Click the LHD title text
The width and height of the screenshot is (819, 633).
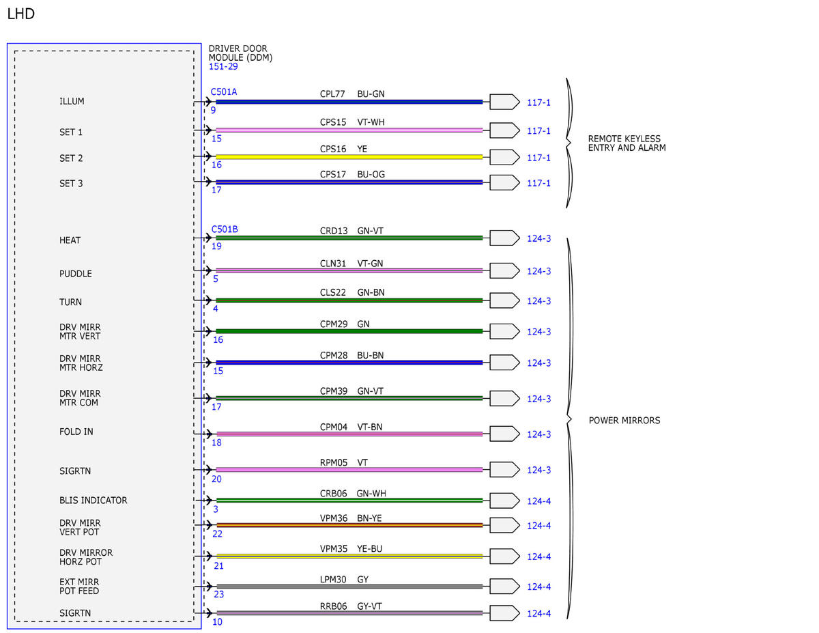[20, 14]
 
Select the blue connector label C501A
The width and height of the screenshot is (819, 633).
[223, 92]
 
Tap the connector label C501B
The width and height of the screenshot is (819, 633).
[225, 229]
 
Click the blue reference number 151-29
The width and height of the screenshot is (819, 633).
[223, 66]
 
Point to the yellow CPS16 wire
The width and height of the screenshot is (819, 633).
[349, 157]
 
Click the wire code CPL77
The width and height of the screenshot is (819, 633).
[332, 94]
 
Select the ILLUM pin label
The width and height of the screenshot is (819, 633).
[72, 102]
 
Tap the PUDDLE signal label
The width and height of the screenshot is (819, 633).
[75, 273]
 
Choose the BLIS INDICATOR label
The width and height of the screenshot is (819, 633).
[93, 501]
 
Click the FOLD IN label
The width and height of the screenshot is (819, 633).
[76, 432]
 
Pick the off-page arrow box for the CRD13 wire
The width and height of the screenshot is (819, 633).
[504, 238]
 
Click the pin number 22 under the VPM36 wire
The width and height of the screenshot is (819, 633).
[218, 534]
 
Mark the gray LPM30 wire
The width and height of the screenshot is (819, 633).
[349, 587]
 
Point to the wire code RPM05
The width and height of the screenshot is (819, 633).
[333, 462]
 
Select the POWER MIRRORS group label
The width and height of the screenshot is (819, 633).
[624, 421]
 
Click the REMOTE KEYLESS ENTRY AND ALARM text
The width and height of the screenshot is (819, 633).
[627, 143]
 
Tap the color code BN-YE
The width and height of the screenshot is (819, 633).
[369, 518]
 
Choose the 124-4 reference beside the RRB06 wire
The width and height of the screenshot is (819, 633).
[538, 613]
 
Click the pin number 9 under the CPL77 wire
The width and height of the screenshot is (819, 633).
[214, 110]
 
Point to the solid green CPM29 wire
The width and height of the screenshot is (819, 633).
[349, 331]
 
